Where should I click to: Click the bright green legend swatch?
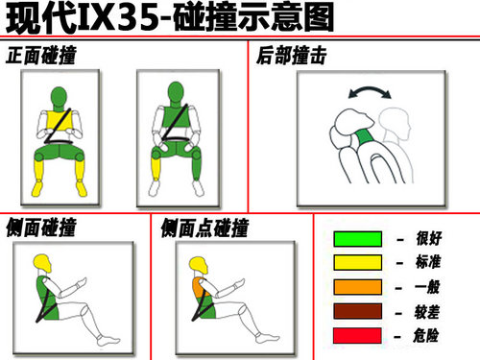pyautogui.click(x=357, y=239)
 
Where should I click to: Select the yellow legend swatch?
pyautogui.click(x=357, y=263)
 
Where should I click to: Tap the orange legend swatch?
pyautogui.click(x=357, y=287)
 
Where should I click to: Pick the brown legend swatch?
pyautogui.click(x=357, y=311)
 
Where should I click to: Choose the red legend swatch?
pyautogui.click(x=357, y=335)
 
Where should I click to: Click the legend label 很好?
pyautogui.click(x=429, y=238)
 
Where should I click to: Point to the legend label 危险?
pyautogui.click(x=425, y=336)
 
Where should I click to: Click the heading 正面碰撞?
pyautogui.click(x=41, y=56)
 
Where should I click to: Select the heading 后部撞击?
pyautogui.click(x=291, y=56)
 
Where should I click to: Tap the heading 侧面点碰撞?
pyautogui.click(x=204, y=228)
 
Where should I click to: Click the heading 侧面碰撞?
pyautogui.click(x=41, y=228)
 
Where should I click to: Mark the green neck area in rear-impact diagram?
pyautogui.click(x=364, y=137)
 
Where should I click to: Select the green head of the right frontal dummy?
pyautogui.click(x=176, y=92)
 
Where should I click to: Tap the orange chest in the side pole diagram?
pyautogui.click(x=199, y=287)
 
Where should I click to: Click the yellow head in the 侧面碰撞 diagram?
pyautogui.click(x=42, y=263)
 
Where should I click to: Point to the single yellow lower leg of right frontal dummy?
pyautogui.click(x=156, y=169)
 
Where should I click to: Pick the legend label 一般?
pyautogui.click(x=427, y=287)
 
